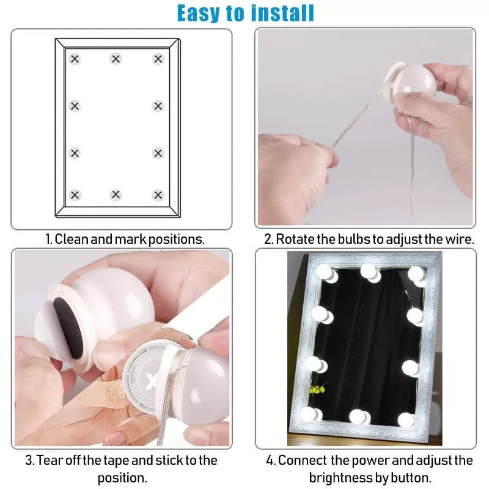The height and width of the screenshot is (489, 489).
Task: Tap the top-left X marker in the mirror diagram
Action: pos(75,59)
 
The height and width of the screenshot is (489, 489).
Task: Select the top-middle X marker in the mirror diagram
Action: pos(116,59)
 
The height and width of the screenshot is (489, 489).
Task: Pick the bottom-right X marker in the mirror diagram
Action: pos(158,195)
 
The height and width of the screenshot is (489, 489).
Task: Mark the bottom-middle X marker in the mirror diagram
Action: pos(116,195)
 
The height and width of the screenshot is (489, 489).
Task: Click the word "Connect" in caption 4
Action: pos(301,460)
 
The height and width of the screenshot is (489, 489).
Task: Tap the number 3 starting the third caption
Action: pos(28,460)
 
